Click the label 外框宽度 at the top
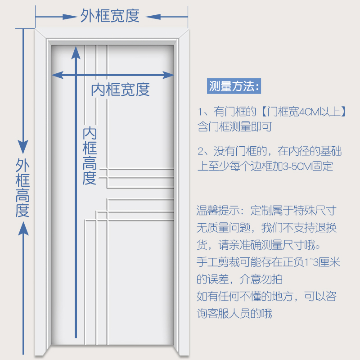tap(110, 16)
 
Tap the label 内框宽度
tap(120, 90)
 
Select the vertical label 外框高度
tap(22, 187)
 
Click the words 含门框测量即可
tap(234, 127)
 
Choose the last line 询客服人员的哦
tap(234, 313)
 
